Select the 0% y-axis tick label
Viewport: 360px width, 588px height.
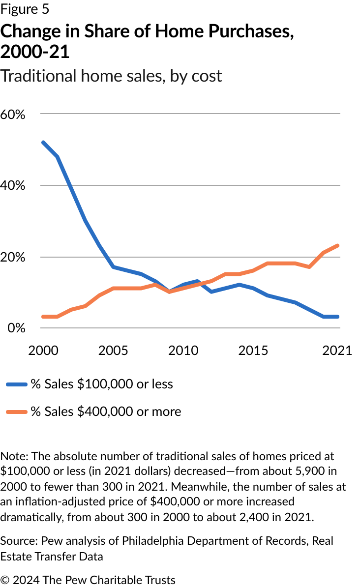click(x=16, y=328)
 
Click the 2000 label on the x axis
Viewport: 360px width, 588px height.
click(x=43, y=350)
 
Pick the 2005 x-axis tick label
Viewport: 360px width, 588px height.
click(x=113, y=350)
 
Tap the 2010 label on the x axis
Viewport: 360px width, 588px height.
click(x=183, y=350)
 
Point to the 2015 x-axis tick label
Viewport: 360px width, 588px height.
click(x=254, y=350)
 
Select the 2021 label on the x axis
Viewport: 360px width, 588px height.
click(x=337, y=350)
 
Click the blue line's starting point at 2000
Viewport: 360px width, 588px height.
click(x=43, y=143)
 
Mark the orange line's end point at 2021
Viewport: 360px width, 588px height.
click(x=338, y=245)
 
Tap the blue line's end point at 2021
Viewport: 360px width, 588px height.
click(x=338, y=317)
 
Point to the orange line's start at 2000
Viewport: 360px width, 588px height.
click(x=43, y=317)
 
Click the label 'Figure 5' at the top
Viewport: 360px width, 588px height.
click(x=25, y=9)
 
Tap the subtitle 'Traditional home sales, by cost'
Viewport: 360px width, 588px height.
click(x=111, y=76)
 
